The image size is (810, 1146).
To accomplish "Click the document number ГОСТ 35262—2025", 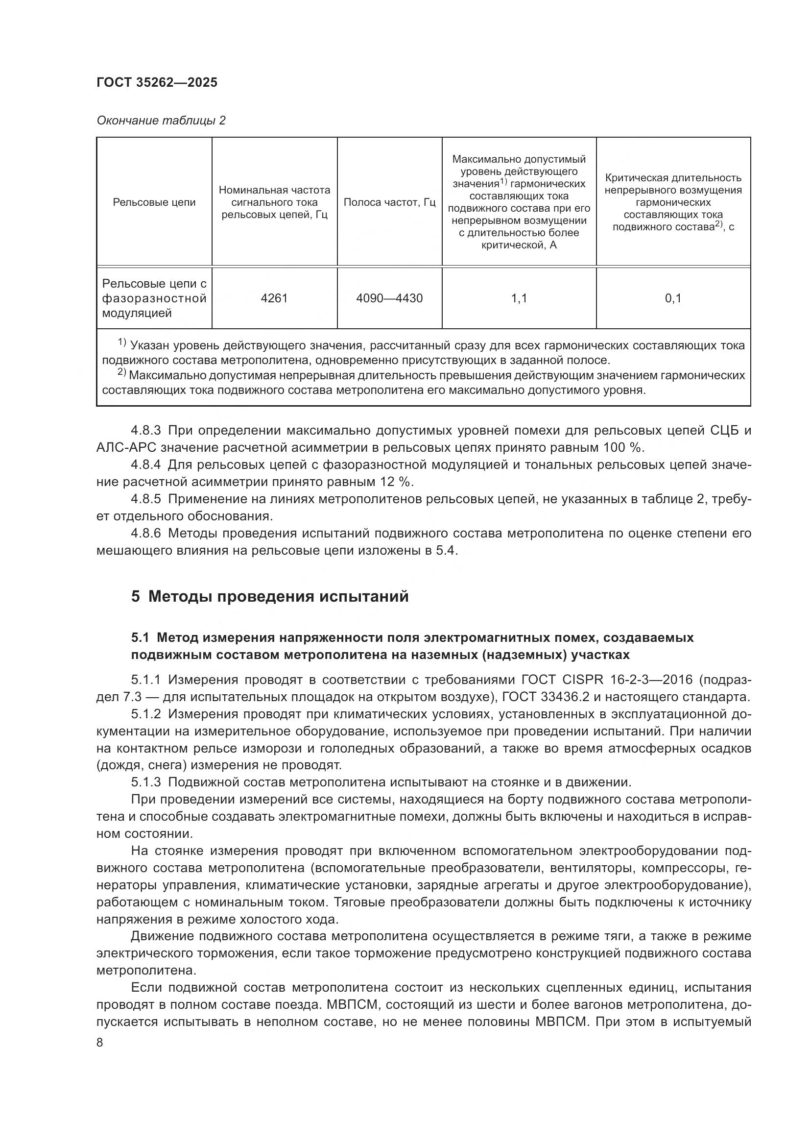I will [x=157, y=83].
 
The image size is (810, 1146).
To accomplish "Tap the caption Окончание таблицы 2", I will [x=161, y=121].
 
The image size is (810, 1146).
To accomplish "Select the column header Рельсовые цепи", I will [x=154, y=202].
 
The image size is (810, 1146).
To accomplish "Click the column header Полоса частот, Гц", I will [x=389, y=202].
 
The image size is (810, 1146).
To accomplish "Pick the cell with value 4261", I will [x=274, y=298].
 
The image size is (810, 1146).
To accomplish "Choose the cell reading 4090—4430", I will [x=389, y=298].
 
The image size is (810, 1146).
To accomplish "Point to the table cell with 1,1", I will [x=519, y=298].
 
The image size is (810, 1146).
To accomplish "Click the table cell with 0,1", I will [x=673, y=298].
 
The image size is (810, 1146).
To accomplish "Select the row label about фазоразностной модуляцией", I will [x=154, y=298].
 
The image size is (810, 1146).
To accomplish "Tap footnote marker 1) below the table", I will [x=122, y=343].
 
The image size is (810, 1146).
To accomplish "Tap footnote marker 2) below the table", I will [x=122, y=372].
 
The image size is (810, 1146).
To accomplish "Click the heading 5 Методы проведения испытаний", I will [x=270, y=596].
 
